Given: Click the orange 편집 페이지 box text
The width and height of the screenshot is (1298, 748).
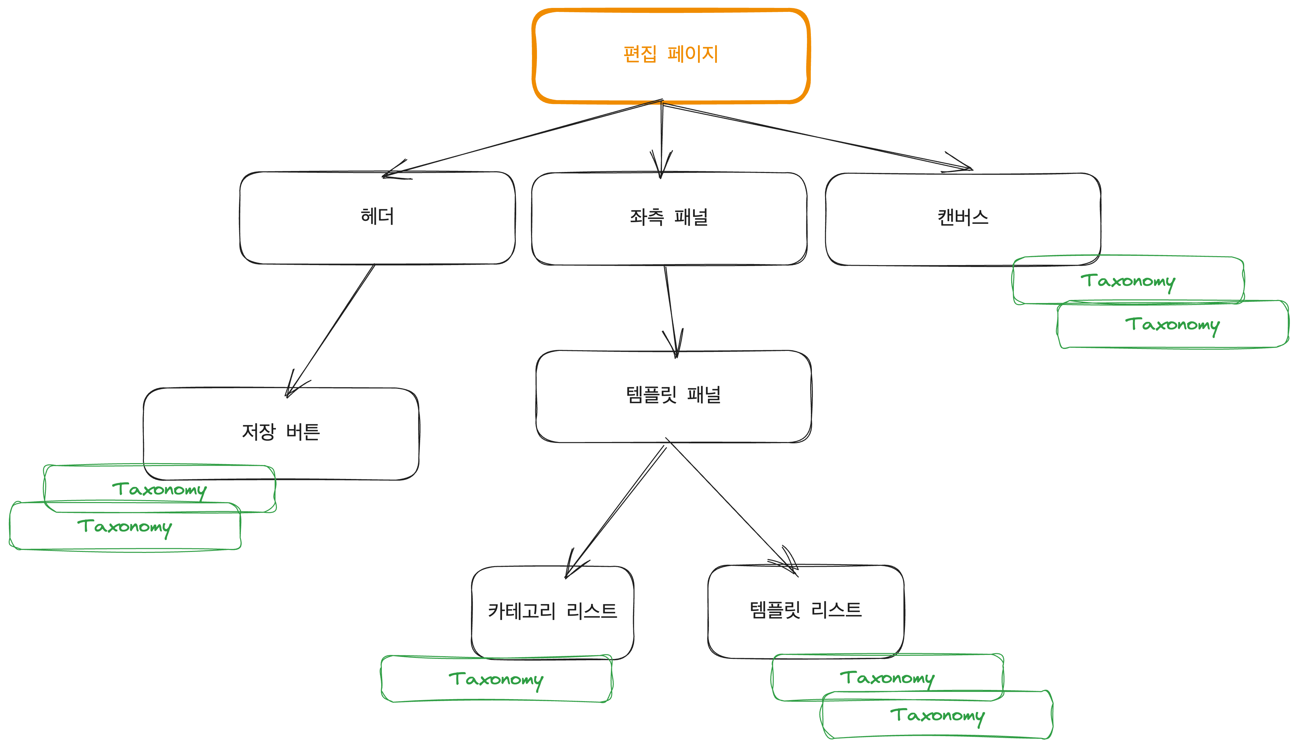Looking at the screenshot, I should [670, 54].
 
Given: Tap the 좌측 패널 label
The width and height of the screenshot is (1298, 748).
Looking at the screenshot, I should [669, 217].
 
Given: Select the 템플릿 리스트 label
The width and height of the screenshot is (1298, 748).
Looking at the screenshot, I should [805, 610].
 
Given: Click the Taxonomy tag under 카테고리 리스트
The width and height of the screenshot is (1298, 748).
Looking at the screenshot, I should [496, 679].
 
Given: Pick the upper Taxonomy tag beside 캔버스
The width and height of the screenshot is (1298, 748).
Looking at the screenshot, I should [1127, 281].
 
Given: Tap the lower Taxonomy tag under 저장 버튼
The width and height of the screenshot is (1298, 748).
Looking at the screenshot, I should [124, 526].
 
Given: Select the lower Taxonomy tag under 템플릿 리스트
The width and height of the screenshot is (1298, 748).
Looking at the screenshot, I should [937, 715].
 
